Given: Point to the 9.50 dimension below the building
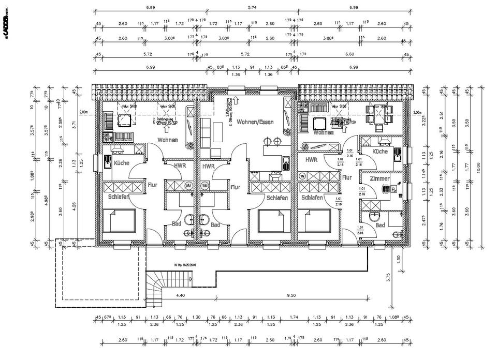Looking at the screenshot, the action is click(290, 295).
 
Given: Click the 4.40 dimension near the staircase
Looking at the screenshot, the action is click(181, 295).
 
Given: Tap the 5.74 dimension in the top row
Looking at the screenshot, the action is click(252, 8).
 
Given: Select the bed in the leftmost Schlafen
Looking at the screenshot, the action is click(119, 220).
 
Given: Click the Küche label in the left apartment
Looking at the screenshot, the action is click(121, 163).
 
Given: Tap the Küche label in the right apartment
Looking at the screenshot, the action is click(380, 151).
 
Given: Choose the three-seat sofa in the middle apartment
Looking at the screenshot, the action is click(207, 131).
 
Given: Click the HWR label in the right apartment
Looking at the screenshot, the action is click(311, 160).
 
